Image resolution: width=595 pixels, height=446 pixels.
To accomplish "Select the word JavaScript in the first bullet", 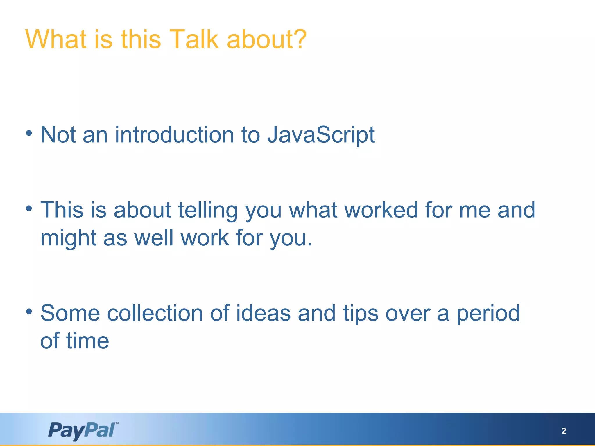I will [321, 135].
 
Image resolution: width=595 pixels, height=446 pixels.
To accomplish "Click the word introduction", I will [174, 135].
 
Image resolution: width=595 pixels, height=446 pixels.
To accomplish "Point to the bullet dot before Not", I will [29, 133].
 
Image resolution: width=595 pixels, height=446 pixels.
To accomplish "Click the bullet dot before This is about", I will [29, 208].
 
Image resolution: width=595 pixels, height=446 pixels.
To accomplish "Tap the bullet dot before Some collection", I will [29, 312].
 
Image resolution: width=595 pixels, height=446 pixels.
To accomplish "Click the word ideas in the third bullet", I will [263, 313].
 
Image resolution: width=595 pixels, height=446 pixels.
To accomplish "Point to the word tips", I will [361, 313].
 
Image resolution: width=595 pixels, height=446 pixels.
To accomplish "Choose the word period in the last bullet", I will [488, 313].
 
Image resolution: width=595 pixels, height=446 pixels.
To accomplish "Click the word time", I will [87, 341].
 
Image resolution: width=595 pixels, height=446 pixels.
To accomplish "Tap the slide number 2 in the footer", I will [564, 431].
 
